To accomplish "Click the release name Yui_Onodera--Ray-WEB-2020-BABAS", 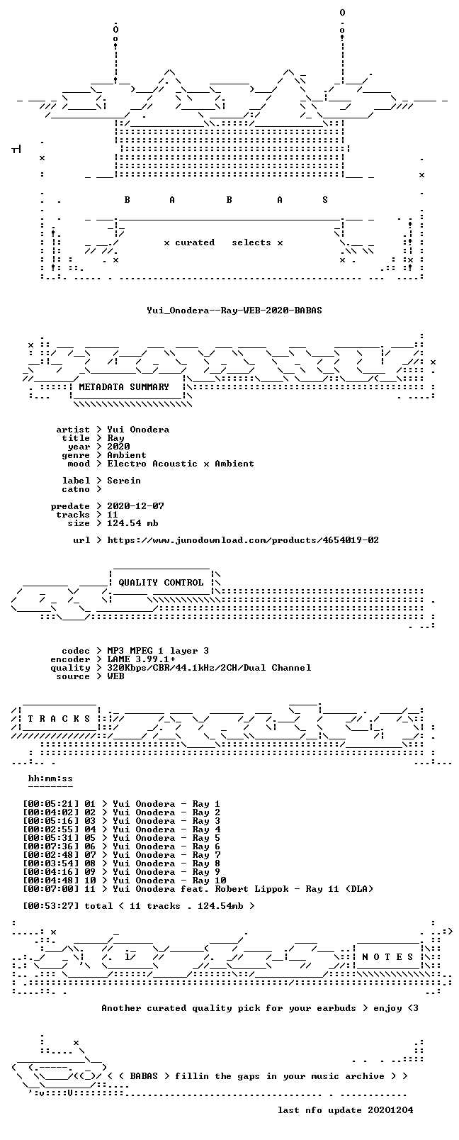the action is click(x=234, y=311).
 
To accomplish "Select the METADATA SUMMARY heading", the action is click(x=124, y=387).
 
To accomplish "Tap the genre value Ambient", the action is click(x=127, y=455).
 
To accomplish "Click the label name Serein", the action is click(x=124, y=481).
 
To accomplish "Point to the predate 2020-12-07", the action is click(x=135, y=506).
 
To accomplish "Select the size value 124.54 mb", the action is click(x=132, y=523).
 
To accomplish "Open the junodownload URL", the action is click(x=243, y=540).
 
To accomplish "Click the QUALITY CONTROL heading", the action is click(x=161, y=583).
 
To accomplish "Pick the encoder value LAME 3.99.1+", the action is click(x=141, y=659).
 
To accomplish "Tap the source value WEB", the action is click(x=115, y=676).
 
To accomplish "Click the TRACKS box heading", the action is click(x=59, y=719).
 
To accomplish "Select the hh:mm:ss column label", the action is click(x=50, y=778).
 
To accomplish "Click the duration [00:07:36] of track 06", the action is click(x=51, y=846).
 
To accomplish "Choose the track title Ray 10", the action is click(x=210, y=881).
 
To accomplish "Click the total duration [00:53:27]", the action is click(x=51, y=906).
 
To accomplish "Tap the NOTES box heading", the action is click(x=388, y=957).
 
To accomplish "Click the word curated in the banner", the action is click(x=195, y=242).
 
